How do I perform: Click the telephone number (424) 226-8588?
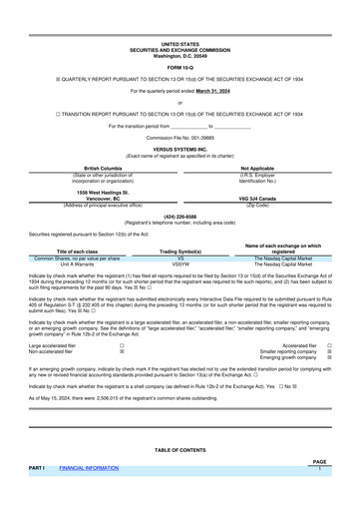[180, 216]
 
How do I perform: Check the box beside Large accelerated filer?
[122, 345]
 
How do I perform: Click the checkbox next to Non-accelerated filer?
[122, 351]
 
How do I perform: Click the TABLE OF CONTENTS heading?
[180, 451]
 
